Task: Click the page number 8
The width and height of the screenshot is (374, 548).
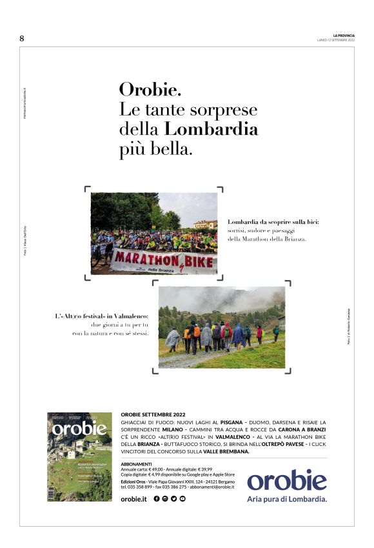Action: pyautogui.click(x=22, y=39)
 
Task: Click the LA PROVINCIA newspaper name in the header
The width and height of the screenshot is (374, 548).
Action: pyautogui.click(x=344, y=36)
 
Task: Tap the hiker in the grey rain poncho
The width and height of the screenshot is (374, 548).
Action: pyautogui.click(x=173, y=338)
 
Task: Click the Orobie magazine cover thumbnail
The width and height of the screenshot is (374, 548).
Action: pyautogui.click(x=79, y=457)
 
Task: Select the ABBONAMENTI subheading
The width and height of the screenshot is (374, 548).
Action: pyautogui.click(x=136, y=464)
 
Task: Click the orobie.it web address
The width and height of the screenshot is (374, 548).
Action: pyautogui.click(x=134, y=499)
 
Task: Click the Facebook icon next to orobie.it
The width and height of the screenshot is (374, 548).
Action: pyautogui.click(x=157, y=499)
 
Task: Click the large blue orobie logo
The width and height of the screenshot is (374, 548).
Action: pyautogui.click(x=287, y=481)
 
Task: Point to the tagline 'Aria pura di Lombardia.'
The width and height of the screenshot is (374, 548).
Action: pyautogui.click(x=287, y=499)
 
